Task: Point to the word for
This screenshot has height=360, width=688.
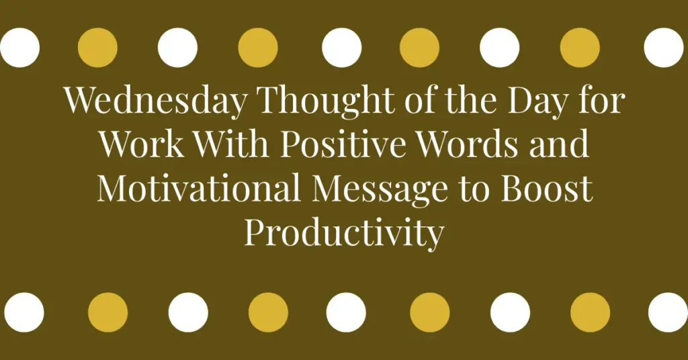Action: tap(601, 101)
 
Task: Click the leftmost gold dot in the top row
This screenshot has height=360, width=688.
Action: tap(97, 48)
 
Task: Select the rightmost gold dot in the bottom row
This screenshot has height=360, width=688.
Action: tap(590, 312)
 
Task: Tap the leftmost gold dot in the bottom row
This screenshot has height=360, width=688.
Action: tap(107, 312)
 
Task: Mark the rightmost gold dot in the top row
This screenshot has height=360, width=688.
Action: tap(580, 48)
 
